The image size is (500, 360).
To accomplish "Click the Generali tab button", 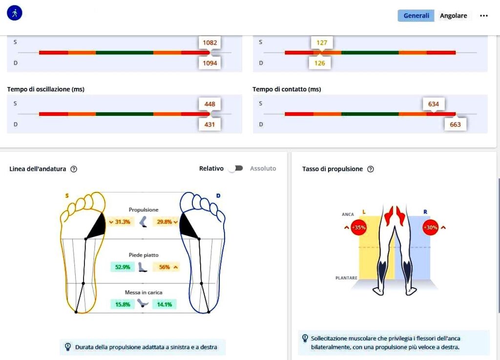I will coord(416,16).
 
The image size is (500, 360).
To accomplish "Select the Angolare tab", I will coord(453,16).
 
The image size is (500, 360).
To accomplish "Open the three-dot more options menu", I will coord(484,16).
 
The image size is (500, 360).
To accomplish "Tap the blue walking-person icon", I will coord(15,13).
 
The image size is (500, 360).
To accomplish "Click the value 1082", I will coord(209,42).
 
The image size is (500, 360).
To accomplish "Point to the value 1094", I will coord(209,63).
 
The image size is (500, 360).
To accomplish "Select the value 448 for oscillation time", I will coord(209,104).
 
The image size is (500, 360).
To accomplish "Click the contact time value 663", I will coord(455,125).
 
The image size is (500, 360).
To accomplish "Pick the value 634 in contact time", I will coord(434,104).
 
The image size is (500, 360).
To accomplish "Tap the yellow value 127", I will coord(322,42).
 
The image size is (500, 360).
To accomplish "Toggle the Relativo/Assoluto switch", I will coord(236,169).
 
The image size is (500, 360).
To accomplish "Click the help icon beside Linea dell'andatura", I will coord(74,169).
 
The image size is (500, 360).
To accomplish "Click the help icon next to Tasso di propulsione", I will coord(371,169).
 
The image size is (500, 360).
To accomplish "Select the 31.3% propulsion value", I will coord(120,222).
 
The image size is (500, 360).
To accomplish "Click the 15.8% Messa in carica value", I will coord(122,304).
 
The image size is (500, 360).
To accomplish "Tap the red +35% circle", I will coord(359,227).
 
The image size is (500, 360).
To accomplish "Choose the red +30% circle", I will coord(430,227).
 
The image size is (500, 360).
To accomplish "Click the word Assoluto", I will coord(263,169).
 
